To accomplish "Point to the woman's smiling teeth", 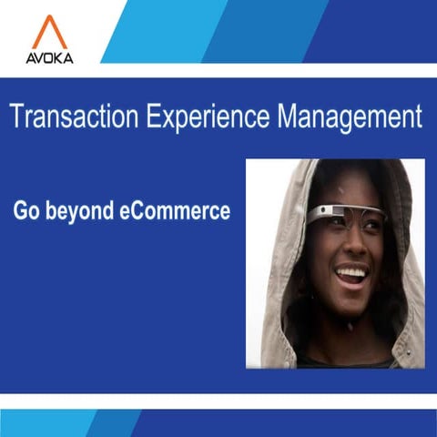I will coord(351,272).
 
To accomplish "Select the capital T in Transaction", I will coord(15,117).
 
